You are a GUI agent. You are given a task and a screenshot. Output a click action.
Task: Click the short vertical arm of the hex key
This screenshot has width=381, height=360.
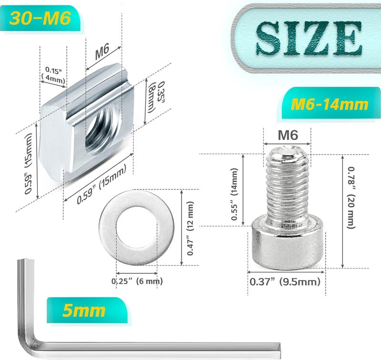point(24,296)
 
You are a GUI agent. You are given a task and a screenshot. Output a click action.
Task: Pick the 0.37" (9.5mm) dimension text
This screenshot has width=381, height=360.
point(284,282)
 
